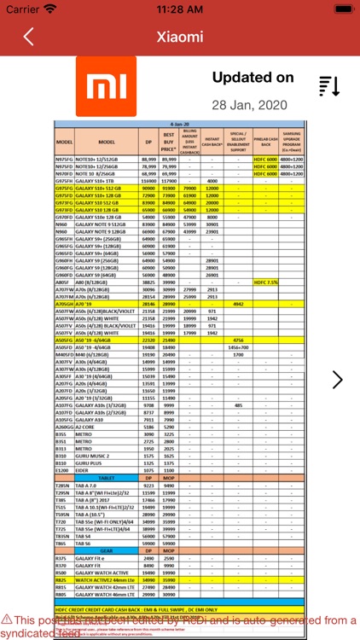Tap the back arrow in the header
click(x=29, y=37)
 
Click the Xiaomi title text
click(x=180, y=37)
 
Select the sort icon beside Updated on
click(x=329, y=86)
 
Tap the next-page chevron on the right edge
click(x=338, y=380)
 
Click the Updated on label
click(x=253, y=78)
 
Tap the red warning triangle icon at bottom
click(x=7, y=620)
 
